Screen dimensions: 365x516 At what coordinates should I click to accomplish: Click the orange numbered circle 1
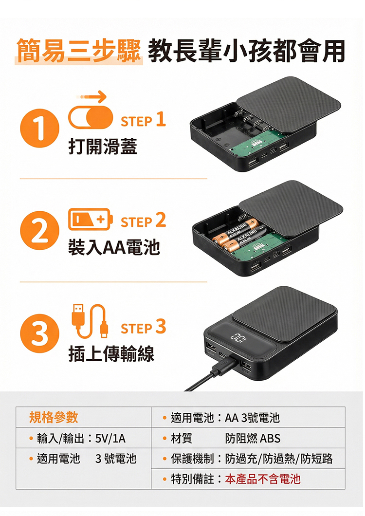[x=39, y=128]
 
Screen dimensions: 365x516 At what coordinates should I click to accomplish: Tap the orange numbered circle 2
[x=39, y=230]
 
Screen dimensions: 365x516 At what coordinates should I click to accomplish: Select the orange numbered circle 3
[x=39, y=333]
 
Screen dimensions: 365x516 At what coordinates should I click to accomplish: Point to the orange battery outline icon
[x=90, y=219]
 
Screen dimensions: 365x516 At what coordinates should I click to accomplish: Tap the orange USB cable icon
[x=90, y=321]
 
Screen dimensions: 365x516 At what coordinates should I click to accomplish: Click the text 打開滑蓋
[x=103, y=147]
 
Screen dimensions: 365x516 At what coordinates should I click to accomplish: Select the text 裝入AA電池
[x=114, y=247]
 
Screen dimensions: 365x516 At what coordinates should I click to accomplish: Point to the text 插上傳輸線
[x=111, y=354]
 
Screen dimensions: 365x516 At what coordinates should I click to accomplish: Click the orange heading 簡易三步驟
[x=79, y=51]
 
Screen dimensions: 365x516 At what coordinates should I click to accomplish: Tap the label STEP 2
[x=143, y=221]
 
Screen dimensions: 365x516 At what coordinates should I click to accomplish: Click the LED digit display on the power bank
[x=238, y=338]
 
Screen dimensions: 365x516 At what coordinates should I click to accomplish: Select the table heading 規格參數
[x=54, y=417]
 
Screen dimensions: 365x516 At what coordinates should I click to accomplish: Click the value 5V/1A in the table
[x=110, y=438]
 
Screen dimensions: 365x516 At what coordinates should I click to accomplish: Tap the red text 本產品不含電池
[x=263, y=479]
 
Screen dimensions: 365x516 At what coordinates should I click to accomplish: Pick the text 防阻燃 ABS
[x=253, y=438]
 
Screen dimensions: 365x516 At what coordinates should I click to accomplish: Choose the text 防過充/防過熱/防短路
[x=279, y=459]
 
